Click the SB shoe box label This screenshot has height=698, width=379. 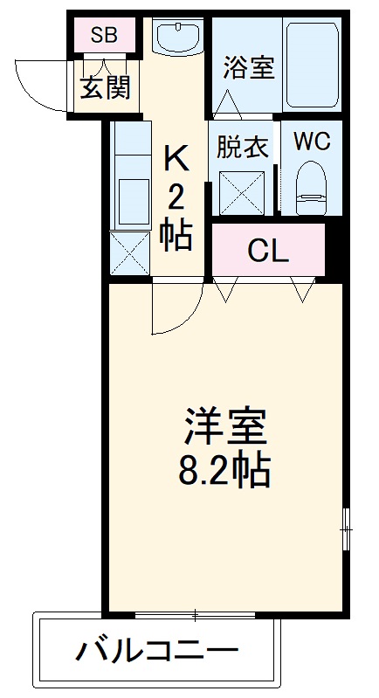click(x=104, y=36)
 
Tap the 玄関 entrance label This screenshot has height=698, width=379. click(x=107, y=87)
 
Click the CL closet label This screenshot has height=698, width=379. click(x=268, y=251)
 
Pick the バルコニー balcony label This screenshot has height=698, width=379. click(x=157, y=651)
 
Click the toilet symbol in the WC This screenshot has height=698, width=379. click(x=311, y=187)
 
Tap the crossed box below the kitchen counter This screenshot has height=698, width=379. click(x=130, y=254)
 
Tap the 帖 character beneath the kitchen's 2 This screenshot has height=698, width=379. click(x=176, y=233)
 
